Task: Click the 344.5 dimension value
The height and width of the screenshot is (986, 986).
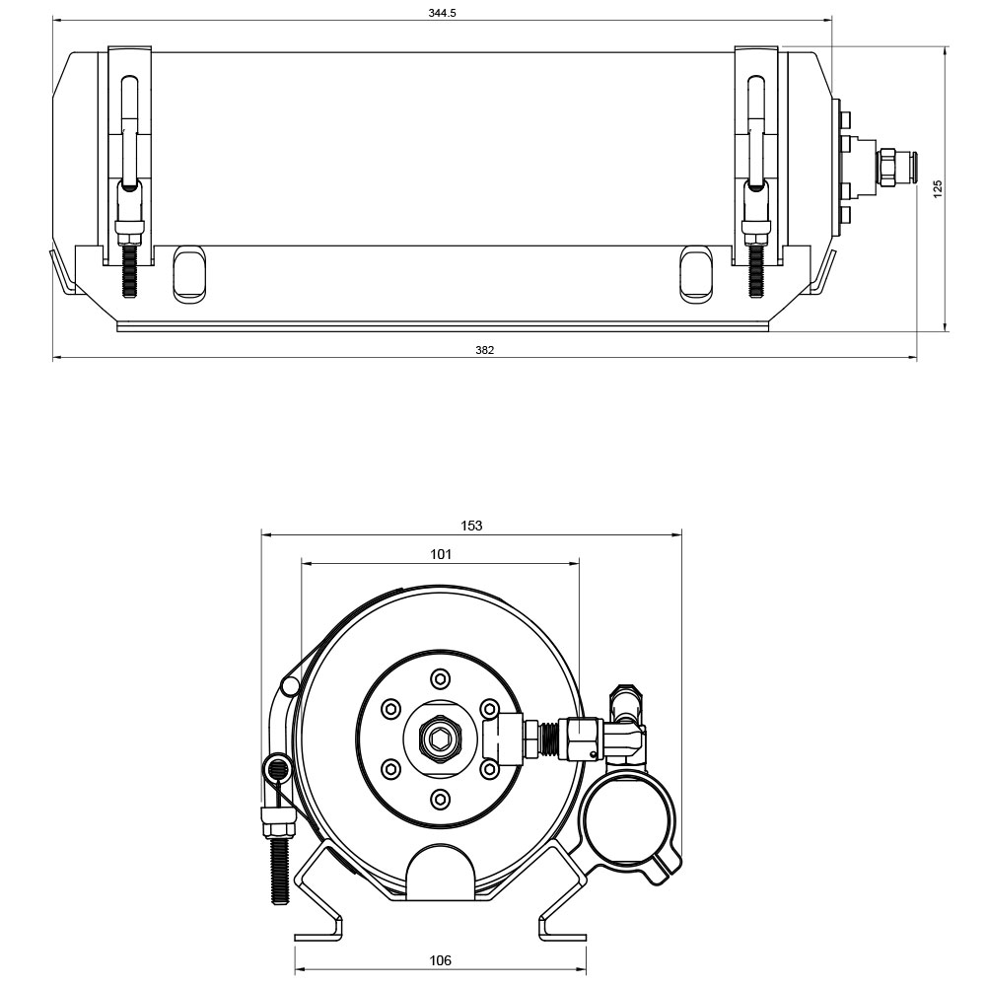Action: tap(442, 13)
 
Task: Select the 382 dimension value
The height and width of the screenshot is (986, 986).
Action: tap(485, 350)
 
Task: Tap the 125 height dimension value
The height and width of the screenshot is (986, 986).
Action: tap(938, 188)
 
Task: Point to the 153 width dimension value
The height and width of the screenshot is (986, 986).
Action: tap(471, 526)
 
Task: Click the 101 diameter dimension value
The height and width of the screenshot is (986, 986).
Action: tap(441, 554)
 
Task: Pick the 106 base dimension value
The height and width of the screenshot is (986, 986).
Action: tap(440, 960)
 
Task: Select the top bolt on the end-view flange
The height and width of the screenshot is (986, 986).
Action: tap(440, 679)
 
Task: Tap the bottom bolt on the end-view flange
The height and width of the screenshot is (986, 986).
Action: tap(440, 800)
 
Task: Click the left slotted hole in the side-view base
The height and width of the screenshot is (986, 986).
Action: tap(189, 274)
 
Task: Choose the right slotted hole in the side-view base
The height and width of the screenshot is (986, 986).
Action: tap(697, 273)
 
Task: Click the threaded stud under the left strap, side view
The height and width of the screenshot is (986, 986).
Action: tap(129, 271)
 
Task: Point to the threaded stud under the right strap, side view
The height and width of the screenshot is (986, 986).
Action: tap(755, 271)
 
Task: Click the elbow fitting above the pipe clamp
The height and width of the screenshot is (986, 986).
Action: tap(626, 723)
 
